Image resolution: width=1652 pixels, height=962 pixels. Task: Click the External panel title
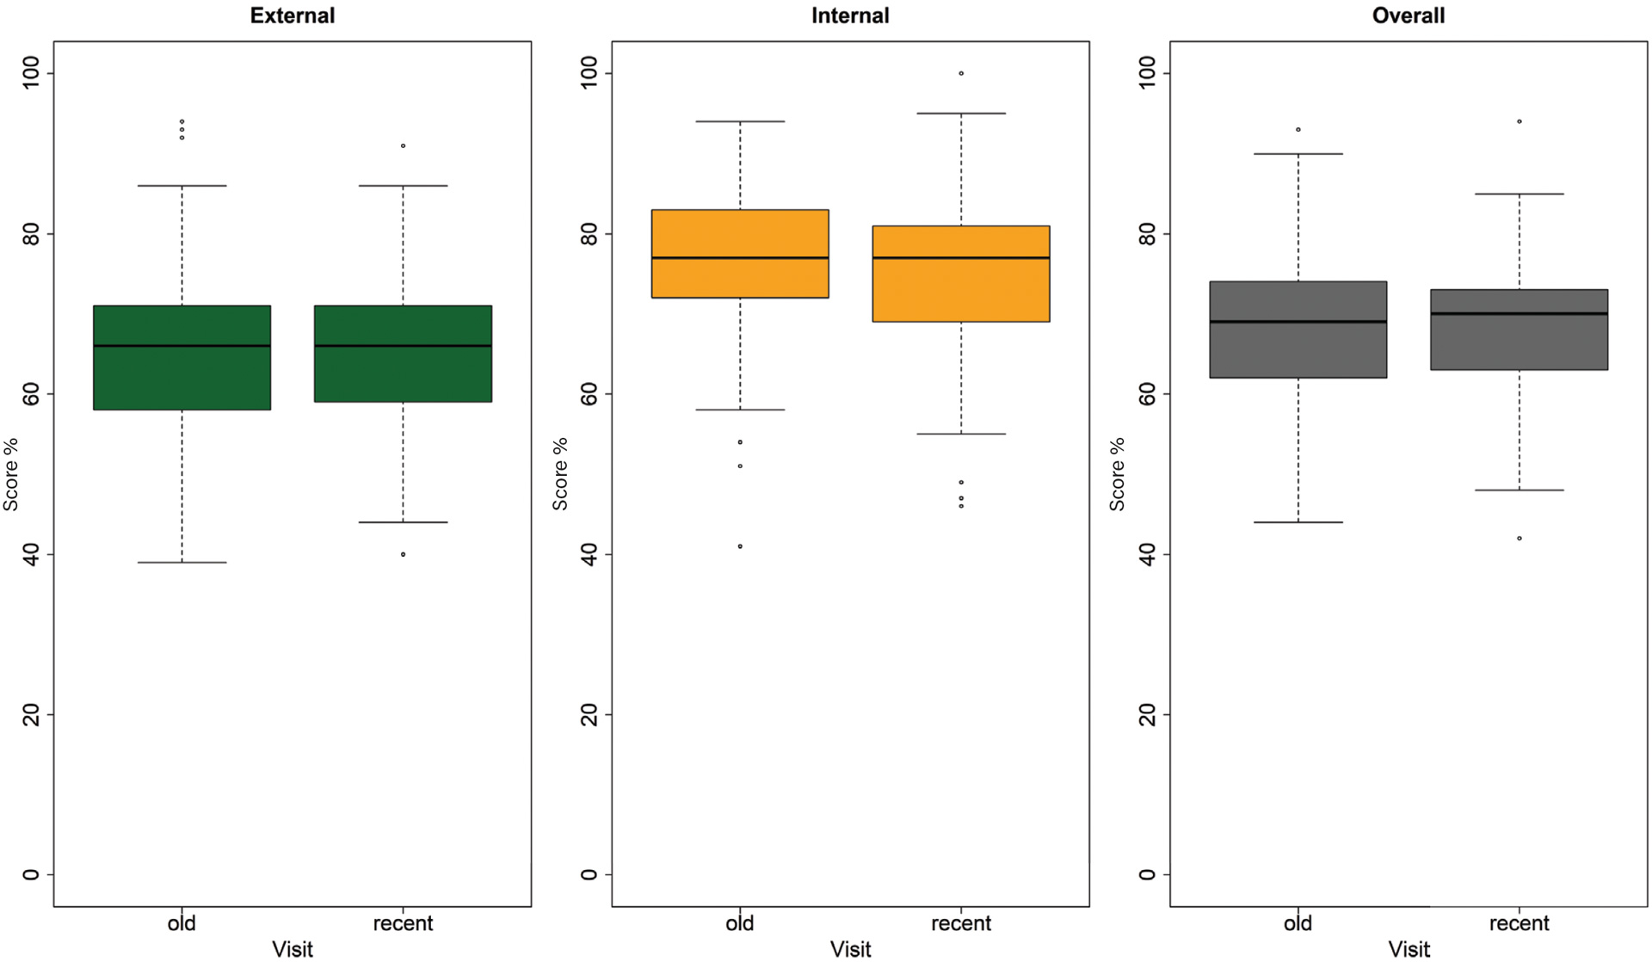(292, 15)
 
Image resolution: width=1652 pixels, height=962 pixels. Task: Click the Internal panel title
(850, 15)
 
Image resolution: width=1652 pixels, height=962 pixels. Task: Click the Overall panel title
(1408, 15)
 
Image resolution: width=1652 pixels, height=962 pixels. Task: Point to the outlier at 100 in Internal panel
(961, 73)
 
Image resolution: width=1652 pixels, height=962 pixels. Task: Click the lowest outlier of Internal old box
(740, 546)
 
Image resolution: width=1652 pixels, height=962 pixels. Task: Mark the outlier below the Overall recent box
(1519, 539)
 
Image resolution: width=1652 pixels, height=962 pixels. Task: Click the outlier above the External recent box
(403, 146)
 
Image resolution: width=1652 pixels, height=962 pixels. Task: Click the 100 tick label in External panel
(31, 73)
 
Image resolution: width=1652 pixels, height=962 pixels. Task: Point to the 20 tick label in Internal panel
(589, 714)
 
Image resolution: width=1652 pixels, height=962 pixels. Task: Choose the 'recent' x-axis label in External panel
(403, 923)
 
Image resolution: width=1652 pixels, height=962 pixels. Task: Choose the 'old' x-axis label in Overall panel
(1298, 923)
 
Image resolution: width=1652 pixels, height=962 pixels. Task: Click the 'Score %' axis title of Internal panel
(560, 474)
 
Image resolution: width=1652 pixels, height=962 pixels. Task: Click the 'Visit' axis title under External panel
(292, 949)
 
